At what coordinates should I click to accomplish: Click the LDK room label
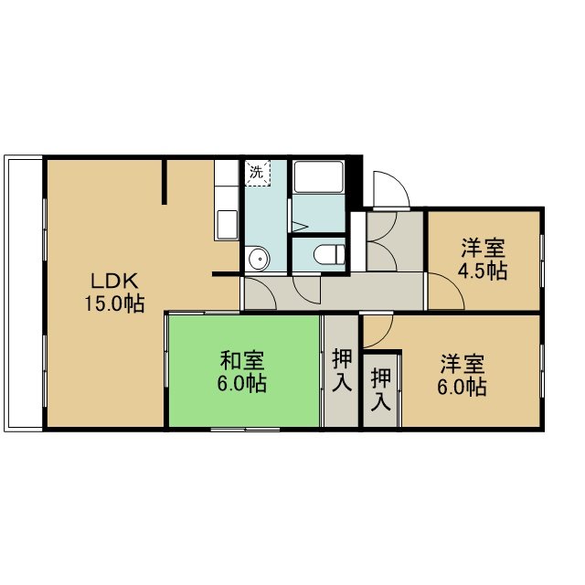(x=114, y=281)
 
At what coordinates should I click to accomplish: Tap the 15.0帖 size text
(x=114, y=303)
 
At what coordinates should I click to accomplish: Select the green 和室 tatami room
(x=244, y=371)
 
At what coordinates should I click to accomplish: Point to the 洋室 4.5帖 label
(x=483, y=260)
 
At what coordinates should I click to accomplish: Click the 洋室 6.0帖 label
(x=463, y=375)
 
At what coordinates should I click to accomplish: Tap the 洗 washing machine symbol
(x=257, y=173)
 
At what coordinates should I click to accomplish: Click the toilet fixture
(x=329, y=254)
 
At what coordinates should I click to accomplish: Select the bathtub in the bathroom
(x=318, y=176)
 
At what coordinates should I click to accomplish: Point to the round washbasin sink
(x=259, y=258)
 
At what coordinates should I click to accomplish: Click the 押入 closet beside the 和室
(x=341, y=371)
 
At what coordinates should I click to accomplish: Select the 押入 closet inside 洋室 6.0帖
(x=381, y=390)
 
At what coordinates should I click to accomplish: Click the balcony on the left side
(x=23, y=293)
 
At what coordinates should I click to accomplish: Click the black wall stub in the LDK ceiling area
(x=165, y=182)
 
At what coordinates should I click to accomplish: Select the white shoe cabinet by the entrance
(x=358, y=241)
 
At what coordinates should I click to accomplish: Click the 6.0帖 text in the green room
(x=241, y=384)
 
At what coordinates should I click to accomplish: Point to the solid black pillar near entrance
(x=356, y=181)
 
